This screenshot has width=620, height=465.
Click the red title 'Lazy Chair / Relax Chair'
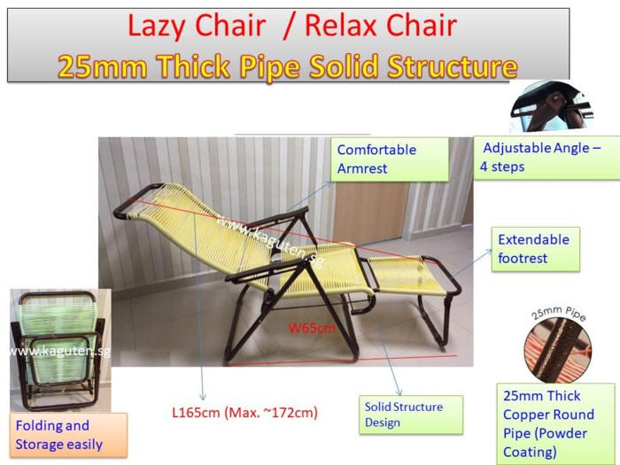[x=291, y=26]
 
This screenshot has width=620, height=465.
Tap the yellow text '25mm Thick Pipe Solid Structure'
[x=288, y=66]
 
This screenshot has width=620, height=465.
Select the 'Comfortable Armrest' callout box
[x=390, y=159]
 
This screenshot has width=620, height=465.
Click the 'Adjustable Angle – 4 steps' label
[x=546, y=158]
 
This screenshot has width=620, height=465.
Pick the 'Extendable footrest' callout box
[x=535, y=249]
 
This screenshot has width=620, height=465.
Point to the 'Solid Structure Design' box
[x=411, y=415]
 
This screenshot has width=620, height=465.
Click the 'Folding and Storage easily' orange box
[x=68, y=435]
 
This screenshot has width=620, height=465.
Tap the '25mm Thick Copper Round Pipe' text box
[x=555, y=423]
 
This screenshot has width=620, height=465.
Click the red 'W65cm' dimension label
[x=312, y=328]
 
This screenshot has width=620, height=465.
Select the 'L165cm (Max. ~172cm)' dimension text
[x=244, y=413]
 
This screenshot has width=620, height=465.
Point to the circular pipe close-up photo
[x=557, y=350]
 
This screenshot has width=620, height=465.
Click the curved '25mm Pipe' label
[x=558, y=314]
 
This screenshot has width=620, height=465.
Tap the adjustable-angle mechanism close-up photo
[x=552, y=106]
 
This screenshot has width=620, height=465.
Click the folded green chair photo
[x=60, y=351]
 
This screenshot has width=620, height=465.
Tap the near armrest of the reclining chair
[x=266, y=270]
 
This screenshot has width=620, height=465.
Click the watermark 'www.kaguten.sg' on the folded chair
[x=60, y=351]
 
